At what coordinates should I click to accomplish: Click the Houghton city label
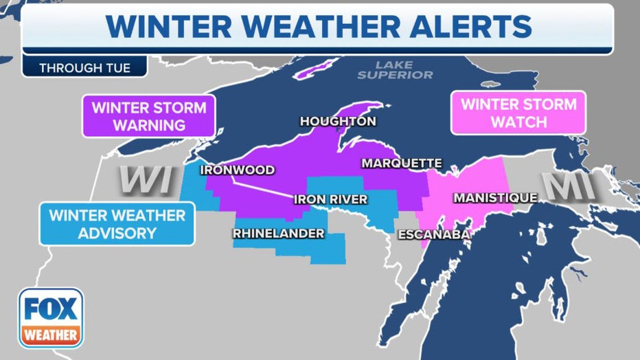pos(338,122)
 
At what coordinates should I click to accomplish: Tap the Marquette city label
pos(402,164)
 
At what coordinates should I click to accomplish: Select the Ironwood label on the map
pos(237,170)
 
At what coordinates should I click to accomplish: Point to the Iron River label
pos(330,200)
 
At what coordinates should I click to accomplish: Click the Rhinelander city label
pos(278,234)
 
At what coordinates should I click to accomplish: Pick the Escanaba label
pos(433,235)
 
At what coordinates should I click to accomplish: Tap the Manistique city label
pos(495,198)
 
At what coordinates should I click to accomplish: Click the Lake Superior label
pos(395,70)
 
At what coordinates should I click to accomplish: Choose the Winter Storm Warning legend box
pos(148,117)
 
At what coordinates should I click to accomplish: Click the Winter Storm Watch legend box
pos(518,114)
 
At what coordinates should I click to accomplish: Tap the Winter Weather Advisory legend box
pos(117,224)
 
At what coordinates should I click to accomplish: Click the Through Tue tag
pos(84,68)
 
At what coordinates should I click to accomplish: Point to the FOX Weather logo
pos(51,318)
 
